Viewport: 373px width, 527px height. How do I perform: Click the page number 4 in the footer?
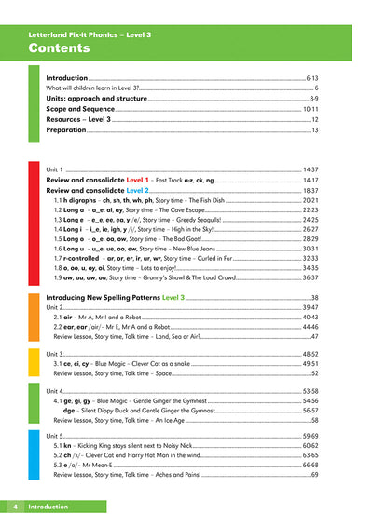[15, 507]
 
